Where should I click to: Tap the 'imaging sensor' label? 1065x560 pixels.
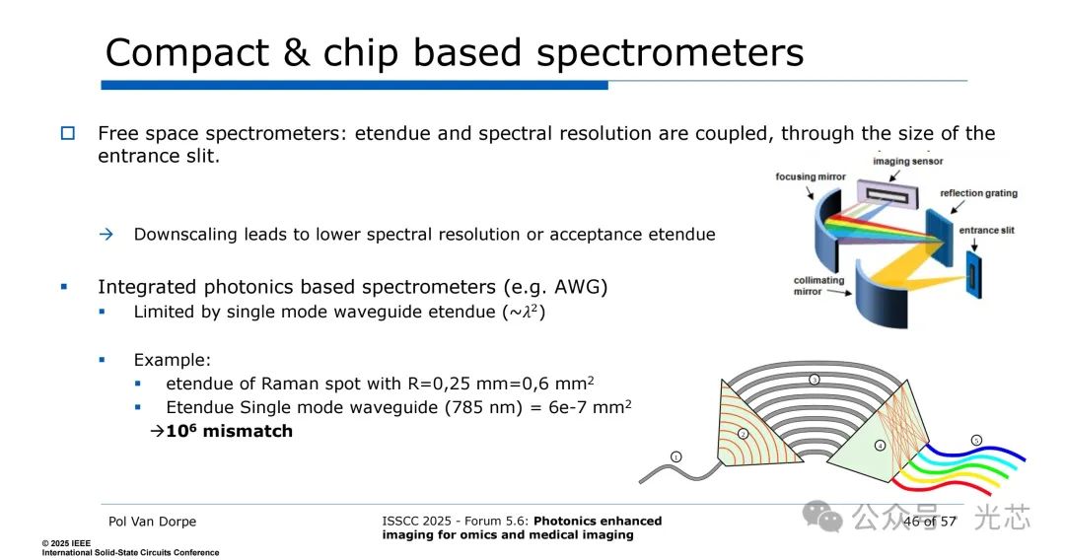907,162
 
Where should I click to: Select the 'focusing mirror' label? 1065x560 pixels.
810,177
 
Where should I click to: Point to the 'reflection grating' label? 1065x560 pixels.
978,193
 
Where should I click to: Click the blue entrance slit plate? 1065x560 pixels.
974,275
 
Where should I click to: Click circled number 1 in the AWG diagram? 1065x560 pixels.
676,456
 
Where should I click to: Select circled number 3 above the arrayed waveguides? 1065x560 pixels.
815,380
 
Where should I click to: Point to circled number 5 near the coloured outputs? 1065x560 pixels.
976,440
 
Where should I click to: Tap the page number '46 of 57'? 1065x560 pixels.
929,521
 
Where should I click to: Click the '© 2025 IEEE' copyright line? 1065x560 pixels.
67,543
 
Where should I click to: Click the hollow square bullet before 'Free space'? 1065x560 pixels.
67,133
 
